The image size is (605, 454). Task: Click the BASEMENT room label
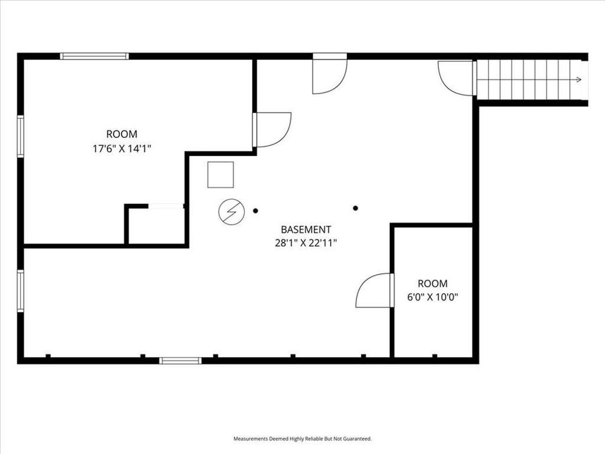tap(306, 229)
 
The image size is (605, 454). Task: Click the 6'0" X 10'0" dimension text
tap(432, 296)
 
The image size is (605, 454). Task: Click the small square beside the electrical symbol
tap(220, 175)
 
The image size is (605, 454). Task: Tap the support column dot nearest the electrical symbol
tap(255, 211)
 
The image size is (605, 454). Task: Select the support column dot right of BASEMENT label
tap(356, 208)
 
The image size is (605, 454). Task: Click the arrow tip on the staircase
tap(579, 80)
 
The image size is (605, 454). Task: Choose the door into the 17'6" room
tap(272, 129)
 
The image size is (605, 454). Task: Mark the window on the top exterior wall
tap(94, 56)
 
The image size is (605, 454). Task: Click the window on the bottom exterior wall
tap(180, 361)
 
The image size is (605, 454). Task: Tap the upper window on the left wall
tap(21, 137)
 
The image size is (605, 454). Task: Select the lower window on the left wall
tap(21, 291)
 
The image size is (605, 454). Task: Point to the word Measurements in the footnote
tap(251, 439)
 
